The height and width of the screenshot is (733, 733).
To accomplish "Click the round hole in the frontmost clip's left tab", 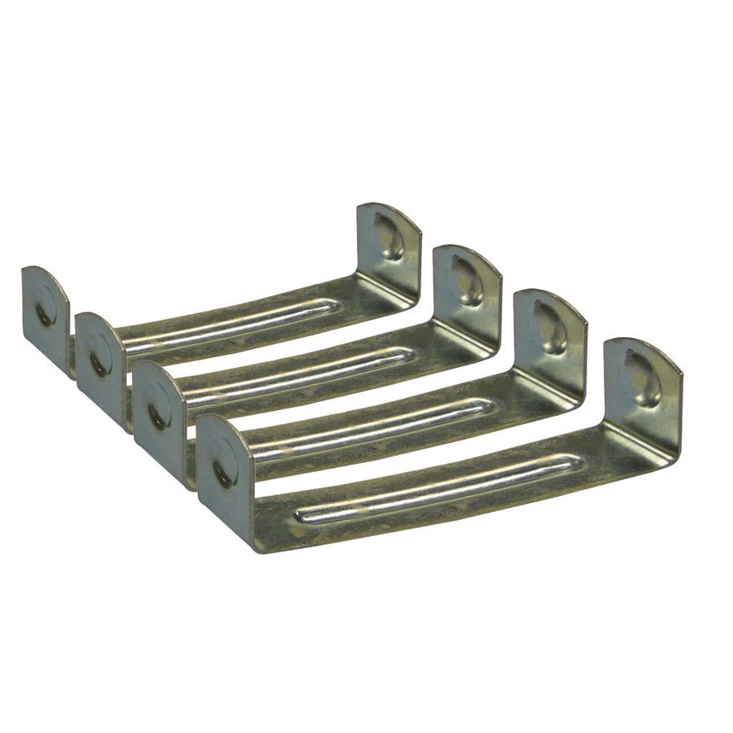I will pyautogui.click(x=224, y=471).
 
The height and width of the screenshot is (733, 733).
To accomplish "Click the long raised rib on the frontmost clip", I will pyautogui.click(x=433, y=489).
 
